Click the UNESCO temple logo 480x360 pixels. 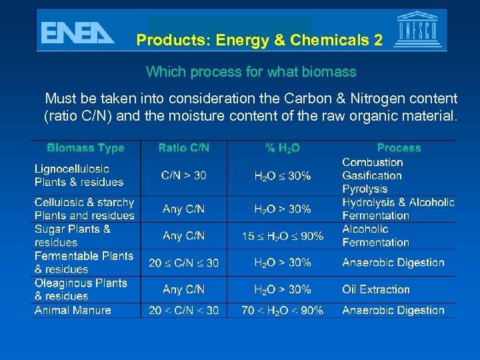418,30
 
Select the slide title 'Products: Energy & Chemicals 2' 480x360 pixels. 259,40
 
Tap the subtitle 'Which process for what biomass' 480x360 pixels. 251,71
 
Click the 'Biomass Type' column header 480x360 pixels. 85,148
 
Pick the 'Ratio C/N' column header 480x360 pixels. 184,148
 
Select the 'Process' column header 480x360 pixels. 399,148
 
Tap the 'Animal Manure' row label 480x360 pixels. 73,310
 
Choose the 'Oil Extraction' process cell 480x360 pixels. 376,289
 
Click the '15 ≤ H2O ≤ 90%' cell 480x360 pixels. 283,236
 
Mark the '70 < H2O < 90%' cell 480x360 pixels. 283,310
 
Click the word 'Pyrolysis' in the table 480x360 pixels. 365,189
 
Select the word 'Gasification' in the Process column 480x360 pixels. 372,176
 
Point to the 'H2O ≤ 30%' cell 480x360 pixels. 283,176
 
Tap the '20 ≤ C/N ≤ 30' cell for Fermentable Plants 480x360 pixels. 184,263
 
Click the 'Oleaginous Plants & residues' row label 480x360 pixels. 81,289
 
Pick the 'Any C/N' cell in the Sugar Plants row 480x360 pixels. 184,236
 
